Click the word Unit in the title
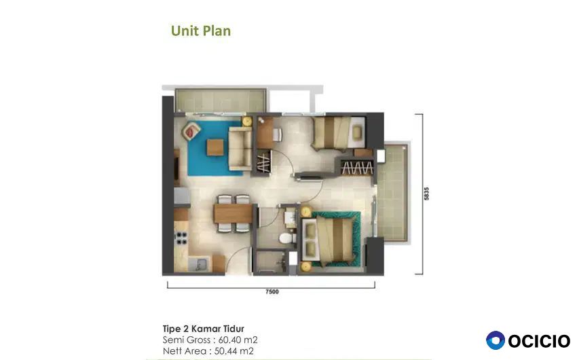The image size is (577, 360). click(x=185, y=31)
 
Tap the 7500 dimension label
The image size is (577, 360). click(x=272, y=291)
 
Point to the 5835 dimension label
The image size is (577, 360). click(x=426, y=194)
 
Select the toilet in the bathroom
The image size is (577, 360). click(x=287, y=238)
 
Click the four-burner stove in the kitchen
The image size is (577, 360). click(x=181, y=238)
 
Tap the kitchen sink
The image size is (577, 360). click(x=199, y=264)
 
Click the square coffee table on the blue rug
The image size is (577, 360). click(x=215, y=147)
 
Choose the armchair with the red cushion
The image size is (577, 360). click(x=191, y=131)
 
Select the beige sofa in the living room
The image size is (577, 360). click(x=240, y=148)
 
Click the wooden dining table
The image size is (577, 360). click(x=233, y=214)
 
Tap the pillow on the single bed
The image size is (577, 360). click(x=357, y=132)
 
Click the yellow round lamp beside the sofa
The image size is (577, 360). click(x=246, y=121)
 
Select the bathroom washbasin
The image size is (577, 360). click(x=290, y=218)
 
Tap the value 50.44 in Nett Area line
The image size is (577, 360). click(x=227, y=350)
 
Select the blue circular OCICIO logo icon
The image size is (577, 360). click(x=496, y=340)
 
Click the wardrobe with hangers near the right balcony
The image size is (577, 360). click(x=356, y=168)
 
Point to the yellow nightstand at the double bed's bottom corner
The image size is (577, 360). click(x=305, y=266)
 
